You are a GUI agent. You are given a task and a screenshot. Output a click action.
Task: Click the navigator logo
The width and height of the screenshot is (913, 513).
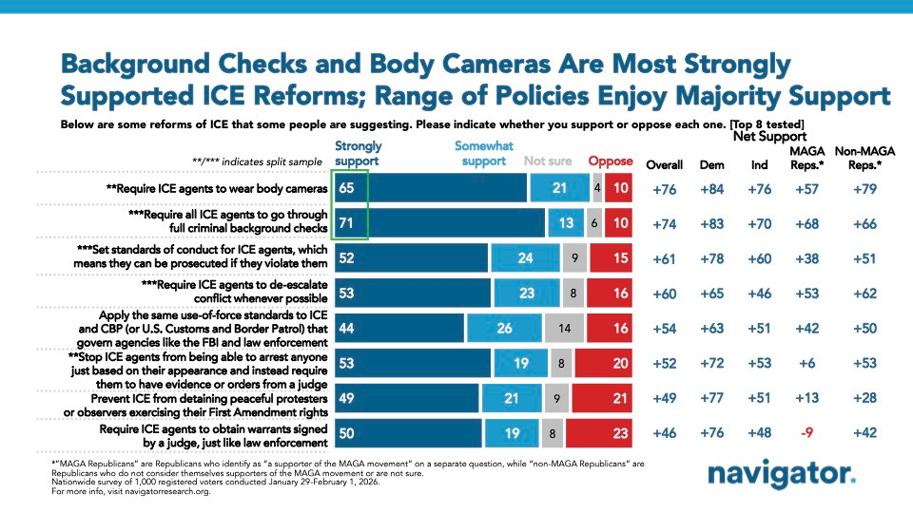click(782, 475)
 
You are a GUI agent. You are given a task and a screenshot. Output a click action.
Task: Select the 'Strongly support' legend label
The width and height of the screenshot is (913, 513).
click(359, 153)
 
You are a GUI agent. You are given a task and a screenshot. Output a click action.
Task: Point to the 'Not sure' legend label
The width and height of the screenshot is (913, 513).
click(549, 161)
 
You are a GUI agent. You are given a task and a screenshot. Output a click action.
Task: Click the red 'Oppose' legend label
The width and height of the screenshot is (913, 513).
click(610, 161)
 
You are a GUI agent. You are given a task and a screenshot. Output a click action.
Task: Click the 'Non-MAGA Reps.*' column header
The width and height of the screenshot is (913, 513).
click(859, 158)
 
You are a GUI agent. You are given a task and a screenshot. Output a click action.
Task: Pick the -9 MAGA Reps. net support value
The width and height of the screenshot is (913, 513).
click(806, 432)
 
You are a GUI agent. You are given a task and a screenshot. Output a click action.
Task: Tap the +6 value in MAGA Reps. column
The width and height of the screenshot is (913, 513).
click(806, 362)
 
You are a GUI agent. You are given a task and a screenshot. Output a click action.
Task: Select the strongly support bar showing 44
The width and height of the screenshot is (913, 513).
click(399, 328)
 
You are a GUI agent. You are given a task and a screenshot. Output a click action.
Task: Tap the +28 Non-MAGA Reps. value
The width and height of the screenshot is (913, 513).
click(859, 397)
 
